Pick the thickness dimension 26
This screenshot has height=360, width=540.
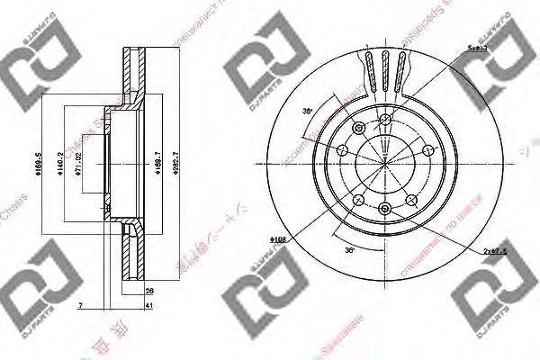point(149,290)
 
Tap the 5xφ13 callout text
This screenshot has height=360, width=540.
point(477,49)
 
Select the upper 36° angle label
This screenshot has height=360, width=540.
point(307,111)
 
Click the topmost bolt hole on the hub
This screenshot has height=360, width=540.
point(385,119)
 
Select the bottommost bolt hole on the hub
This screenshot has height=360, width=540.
point(385,209)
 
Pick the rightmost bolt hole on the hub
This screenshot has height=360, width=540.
point(427,149)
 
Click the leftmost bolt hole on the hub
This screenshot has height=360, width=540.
point(343,149)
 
